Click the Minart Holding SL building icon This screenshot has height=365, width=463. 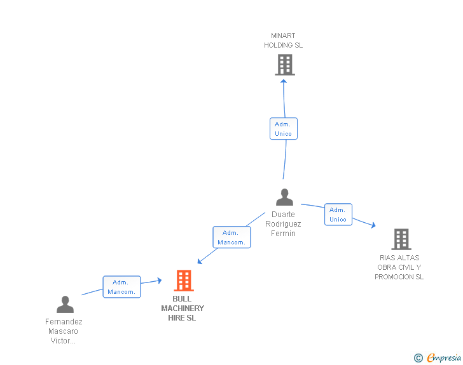point(284,65)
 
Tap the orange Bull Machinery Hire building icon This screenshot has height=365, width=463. point(183,281)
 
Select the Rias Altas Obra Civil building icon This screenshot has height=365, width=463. point(401,239)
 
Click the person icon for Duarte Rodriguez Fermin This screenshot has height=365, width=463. point(284,197)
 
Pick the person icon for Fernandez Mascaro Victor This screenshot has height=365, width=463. point(65,305)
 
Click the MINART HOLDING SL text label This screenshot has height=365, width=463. point(284,41)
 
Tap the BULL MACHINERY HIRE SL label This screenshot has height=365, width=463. point(183,309)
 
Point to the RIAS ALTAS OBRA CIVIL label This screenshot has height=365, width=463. point(399,267)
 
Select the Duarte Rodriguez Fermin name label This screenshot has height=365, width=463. point(283,224)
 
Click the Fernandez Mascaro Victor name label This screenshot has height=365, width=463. point(64,331)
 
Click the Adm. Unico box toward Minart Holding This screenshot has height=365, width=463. point(283,129)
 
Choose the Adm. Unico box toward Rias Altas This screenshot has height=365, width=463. point(338,215)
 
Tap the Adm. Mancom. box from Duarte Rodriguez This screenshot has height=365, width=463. point(231,237)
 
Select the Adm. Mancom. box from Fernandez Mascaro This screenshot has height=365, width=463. point(121,287)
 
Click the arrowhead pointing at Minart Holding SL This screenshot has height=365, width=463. point(284,80)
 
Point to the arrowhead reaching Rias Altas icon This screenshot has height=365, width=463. point(373,225)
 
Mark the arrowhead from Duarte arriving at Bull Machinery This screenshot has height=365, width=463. point(200,261)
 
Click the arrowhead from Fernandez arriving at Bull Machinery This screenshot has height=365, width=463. point(159,280)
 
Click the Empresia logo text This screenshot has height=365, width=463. point(444,358)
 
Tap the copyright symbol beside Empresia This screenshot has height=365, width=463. point(418,359)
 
